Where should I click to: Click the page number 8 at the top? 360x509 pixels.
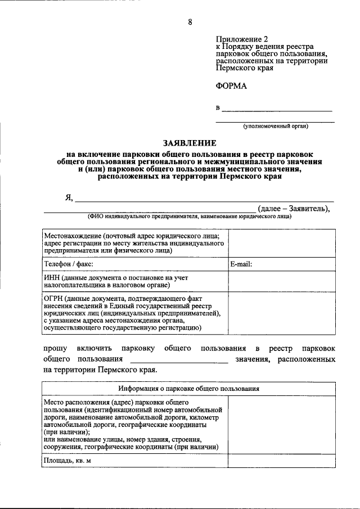(190, 22)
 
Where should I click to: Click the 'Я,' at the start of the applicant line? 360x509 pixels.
(69, 197)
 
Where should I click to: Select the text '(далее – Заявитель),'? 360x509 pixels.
(294, 209)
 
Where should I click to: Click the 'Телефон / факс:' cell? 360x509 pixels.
(68, 263)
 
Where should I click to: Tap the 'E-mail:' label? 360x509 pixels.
(241, 263)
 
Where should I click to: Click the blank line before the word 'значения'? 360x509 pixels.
(178, 360)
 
